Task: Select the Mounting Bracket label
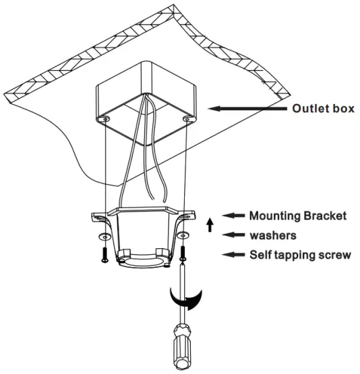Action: click(298, 216)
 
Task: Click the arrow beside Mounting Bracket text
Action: click(234, 216)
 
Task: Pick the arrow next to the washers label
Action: click(234, 235)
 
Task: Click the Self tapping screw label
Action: click(300, 256)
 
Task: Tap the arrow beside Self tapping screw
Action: click(234, 256)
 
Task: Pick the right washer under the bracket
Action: click(183, 237)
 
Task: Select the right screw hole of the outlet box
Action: click(185, 120)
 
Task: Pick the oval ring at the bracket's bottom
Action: click(143, 259)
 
